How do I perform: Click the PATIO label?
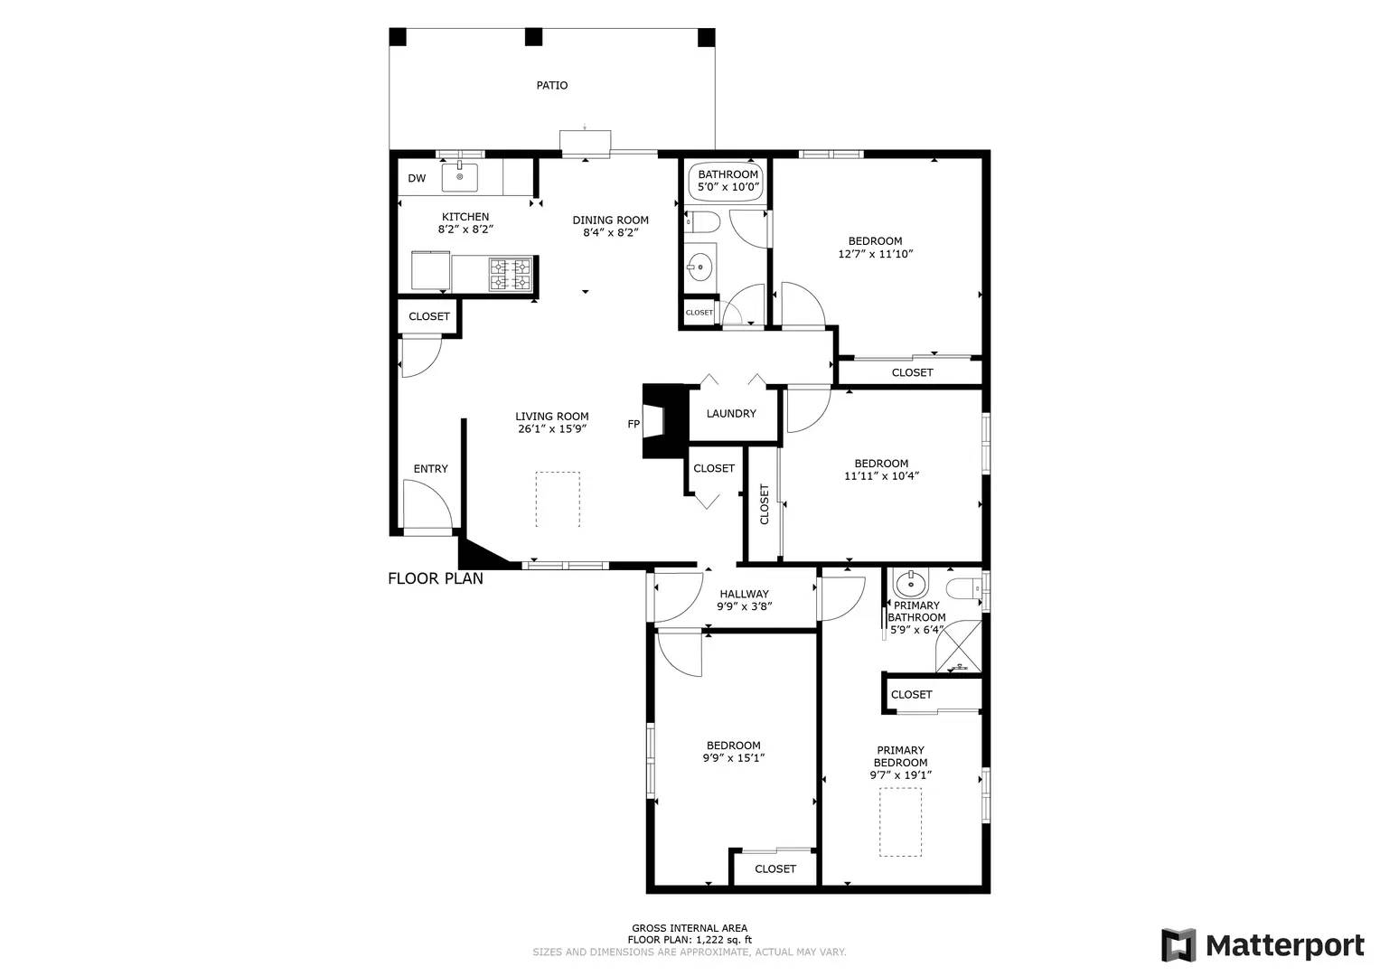point(552,85)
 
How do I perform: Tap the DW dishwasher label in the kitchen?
point(417,178)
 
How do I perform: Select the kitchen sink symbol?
point(460,177)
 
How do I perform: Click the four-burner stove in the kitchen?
point(509,275)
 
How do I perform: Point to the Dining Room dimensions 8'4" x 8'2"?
point(611,233)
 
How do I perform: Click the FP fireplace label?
point(634,424)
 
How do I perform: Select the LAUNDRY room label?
point(731,414)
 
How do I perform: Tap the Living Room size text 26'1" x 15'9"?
point(552,429)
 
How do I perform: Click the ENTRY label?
point(430,469)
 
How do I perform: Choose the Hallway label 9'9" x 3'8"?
point(744,601)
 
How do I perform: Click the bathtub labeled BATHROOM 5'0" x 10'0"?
point(728,181)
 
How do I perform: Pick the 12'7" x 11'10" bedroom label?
point(875,248)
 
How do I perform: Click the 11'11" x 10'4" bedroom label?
point(881,470)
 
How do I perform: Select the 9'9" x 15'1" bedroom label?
point(733,752)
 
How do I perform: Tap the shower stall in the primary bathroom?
point(958,645)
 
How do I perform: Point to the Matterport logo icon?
point(1178,945)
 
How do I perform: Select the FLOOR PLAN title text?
point(436,578)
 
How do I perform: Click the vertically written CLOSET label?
point(765,504)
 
